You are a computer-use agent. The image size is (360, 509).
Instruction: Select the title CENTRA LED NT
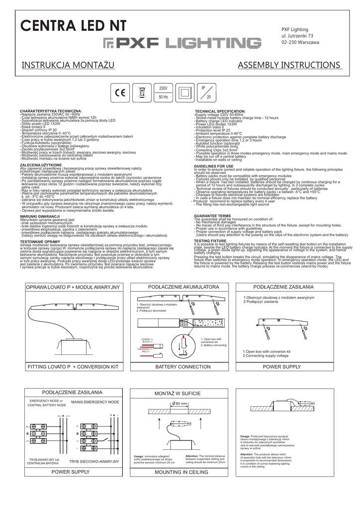click(x=72, y=26)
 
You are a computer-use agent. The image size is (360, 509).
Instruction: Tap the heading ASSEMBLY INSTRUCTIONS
click(x=290, y=66)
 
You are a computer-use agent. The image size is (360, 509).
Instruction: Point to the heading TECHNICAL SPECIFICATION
click(x=220, y=111)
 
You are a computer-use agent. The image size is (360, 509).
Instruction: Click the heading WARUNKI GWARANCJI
click(x=39, y=217)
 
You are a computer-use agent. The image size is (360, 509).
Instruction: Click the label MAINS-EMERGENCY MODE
click(x=95, y=402)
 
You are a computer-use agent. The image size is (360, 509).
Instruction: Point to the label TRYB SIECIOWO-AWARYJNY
click(x=94, y=461)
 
